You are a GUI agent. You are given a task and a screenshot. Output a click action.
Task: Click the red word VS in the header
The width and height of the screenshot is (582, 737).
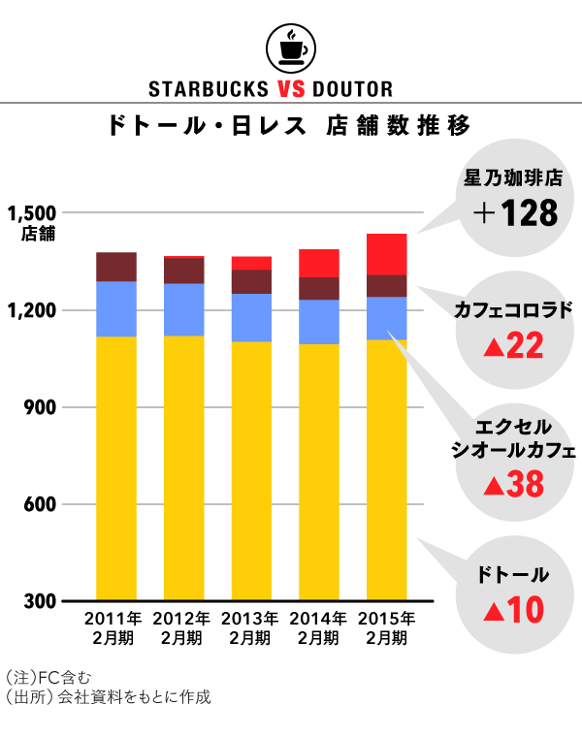295,89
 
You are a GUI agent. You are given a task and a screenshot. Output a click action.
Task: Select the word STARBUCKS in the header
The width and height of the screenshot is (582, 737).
208,89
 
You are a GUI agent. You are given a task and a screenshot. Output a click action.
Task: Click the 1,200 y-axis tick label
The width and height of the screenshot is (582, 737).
31,310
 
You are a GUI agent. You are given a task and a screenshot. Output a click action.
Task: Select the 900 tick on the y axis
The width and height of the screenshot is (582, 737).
39,407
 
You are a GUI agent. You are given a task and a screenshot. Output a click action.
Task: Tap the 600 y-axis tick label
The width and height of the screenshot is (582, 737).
39,504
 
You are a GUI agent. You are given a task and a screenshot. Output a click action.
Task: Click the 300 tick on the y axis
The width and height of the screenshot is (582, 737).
39,601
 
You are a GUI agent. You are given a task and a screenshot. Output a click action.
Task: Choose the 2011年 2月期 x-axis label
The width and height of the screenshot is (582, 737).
114,628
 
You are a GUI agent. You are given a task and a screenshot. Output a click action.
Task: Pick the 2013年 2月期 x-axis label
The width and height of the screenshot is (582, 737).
250,628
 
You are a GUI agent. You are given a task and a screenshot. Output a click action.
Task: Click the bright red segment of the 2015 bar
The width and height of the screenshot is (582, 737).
386,254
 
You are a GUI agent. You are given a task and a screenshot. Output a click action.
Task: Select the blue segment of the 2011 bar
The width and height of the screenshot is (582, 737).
115,308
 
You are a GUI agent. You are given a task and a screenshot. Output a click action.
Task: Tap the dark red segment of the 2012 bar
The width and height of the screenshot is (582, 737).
183,271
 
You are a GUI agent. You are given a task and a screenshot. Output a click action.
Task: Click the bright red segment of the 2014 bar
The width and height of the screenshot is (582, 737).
318,263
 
